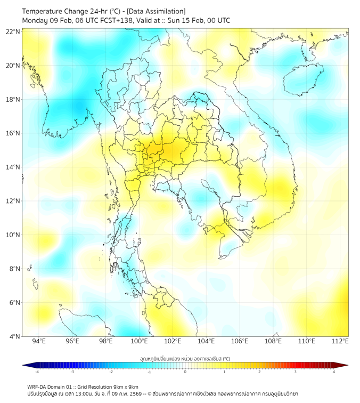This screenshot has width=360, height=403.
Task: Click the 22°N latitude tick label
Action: [x=13, y=32]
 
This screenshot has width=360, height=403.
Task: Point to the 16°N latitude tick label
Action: [x=13, y=133]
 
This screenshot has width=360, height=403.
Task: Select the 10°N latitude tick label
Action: [x=13, y=235]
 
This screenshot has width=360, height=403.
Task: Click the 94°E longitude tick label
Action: [x=39, y=341]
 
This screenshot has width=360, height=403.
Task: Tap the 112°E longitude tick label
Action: [x=340, y=341]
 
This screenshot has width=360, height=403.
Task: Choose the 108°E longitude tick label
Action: [x=273, y=341]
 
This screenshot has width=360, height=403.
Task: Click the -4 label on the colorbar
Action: [x=36, y=372]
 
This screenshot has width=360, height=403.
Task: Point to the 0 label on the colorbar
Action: [x=185, y=372]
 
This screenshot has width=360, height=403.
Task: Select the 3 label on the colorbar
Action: [x=296, y=372]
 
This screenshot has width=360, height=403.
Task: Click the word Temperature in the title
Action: [x=45, y=11]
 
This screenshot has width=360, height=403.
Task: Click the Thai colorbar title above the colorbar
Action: [x=185, y=358]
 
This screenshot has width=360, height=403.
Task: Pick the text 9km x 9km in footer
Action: [x=125, y=386]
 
